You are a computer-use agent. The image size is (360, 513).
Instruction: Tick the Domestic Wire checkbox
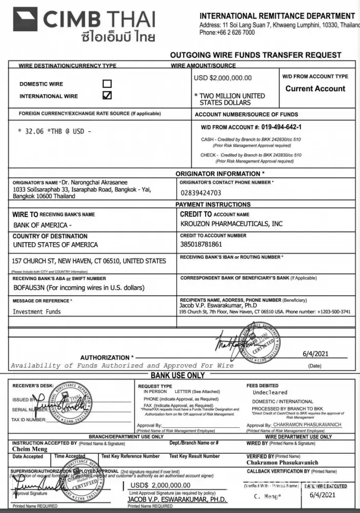(107, 84)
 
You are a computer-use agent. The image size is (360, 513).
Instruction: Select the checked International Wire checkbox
(107, 95)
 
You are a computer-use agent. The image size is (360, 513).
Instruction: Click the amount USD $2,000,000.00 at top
(223, 78)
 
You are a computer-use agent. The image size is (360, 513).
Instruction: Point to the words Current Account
(315, 88)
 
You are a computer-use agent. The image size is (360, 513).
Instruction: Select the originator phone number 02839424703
(201, 193)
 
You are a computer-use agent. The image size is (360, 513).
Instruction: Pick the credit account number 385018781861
(202, 244)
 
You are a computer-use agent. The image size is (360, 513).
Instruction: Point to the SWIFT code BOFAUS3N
(31, 288)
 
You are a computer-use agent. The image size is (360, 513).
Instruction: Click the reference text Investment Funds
(36, 311)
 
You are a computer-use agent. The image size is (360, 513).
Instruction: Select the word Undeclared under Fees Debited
(270, 392)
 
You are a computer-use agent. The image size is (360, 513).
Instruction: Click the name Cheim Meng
(30, 449)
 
